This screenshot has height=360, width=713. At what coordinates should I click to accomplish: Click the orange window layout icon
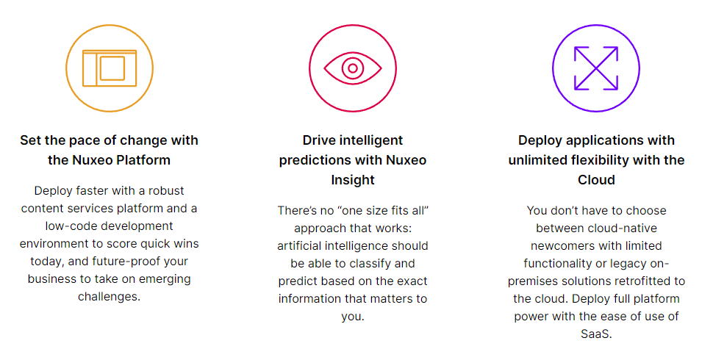tap(110, 68)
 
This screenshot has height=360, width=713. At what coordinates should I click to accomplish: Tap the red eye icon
tap(353, 68)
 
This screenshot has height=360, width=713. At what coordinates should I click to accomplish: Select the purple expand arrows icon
tap(596, 68)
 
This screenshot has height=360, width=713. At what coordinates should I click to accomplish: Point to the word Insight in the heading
tap(353, 180)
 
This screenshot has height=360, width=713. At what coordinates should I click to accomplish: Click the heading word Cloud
tap(596, 180)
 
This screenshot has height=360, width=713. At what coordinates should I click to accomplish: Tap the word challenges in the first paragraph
tap(109, 297)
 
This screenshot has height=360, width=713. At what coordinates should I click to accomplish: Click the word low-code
tap(64, 226)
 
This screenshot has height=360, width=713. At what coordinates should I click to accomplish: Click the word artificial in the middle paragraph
tap(298, 246)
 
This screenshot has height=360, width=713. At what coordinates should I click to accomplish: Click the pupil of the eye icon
tap(353, 68)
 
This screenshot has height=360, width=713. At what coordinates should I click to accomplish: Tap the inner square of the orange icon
tap(112, 68)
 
